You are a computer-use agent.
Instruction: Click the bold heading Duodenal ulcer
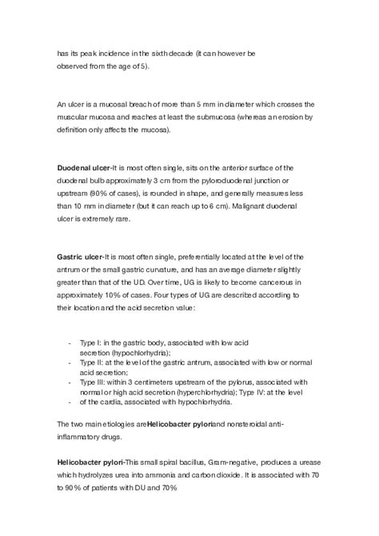point(83,167)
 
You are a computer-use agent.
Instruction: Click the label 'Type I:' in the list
point(93,342)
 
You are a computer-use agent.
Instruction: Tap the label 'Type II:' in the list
point(94,362)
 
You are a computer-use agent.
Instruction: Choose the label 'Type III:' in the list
point(95,382)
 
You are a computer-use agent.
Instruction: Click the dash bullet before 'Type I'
point(71,342)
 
